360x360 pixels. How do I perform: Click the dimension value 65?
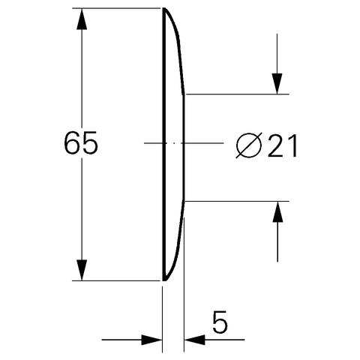pos(80,142)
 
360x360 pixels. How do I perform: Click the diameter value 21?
pos(283,145)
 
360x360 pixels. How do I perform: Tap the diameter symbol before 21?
pos(249,145)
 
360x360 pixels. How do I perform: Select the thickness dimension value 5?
pos(220,322)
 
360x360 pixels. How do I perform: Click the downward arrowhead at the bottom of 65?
pos(82,270)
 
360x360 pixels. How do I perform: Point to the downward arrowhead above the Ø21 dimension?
pos(277,84)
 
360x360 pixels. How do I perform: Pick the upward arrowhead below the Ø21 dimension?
pos(277,211)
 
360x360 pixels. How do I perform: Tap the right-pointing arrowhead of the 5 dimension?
pos(151,340)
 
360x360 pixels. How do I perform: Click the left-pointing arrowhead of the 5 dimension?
pos(194,340)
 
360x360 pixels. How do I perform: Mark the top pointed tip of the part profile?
pos(164,8)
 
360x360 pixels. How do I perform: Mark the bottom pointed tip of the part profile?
pos(164,280)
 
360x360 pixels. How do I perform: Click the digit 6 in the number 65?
pos(72,142)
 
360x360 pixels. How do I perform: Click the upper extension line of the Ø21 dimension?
pos(237,94)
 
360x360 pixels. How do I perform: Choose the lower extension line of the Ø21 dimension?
pos(237,201)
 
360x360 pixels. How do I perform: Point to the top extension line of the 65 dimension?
pos(116,8)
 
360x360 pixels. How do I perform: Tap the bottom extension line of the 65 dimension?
pos(116,280)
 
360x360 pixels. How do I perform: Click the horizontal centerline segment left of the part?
pos(153,143)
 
